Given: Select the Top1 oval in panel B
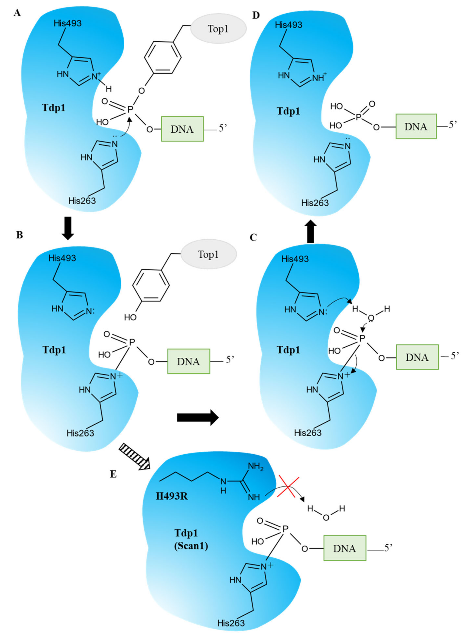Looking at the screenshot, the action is pyautogui.click(x=209, y=254).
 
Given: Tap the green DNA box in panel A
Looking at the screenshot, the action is pyautogui.click(x=182, y=129).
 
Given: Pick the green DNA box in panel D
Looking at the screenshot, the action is pyautogui.click(x=416, y=126).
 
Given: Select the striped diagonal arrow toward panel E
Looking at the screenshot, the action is pyautogui.click(x=134, y=457).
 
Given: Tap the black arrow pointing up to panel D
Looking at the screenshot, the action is pyautogui.click(x=310, y=231).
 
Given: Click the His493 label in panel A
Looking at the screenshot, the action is pyautogui.click(x=68, y=23).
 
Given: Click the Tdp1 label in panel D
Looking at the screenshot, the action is pyautogui.click(x=288, y=111).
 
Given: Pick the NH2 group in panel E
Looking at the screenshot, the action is pyautogui.click(x=256, y=467).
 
